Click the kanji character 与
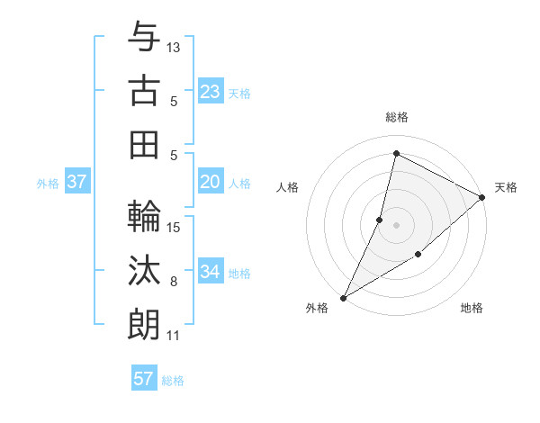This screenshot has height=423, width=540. click(144, 39)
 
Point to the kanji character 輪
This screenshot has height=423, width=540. click(144, 217)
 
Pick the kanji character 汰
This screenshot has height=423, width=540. click(144, 271)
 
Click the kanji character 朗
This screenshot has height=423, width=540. click(144, 324)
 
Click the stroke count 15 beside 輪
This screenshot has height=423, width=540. click(174, 227)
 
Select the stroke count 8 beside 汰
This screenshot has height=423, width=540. click(174, 282)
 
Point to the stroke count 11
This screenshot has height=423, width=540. click(174, 336)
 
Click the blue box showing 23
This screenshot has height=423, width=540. click(211, 92)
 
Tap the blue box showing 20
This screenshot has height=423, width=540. click(211, 182)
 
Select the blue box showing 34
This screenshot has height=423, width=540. click(211, 272)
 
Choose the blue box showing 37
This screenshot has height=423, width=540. click(77, 182)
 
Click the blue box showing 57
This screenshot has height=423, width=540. click(144, 379)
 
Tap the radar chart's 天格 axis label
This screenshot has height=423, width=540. click(506, 187)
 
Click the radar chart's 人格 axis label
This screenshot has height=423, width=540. click(288, 187)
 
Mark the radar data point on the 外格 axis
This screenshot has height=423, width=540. click(343, 297)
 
